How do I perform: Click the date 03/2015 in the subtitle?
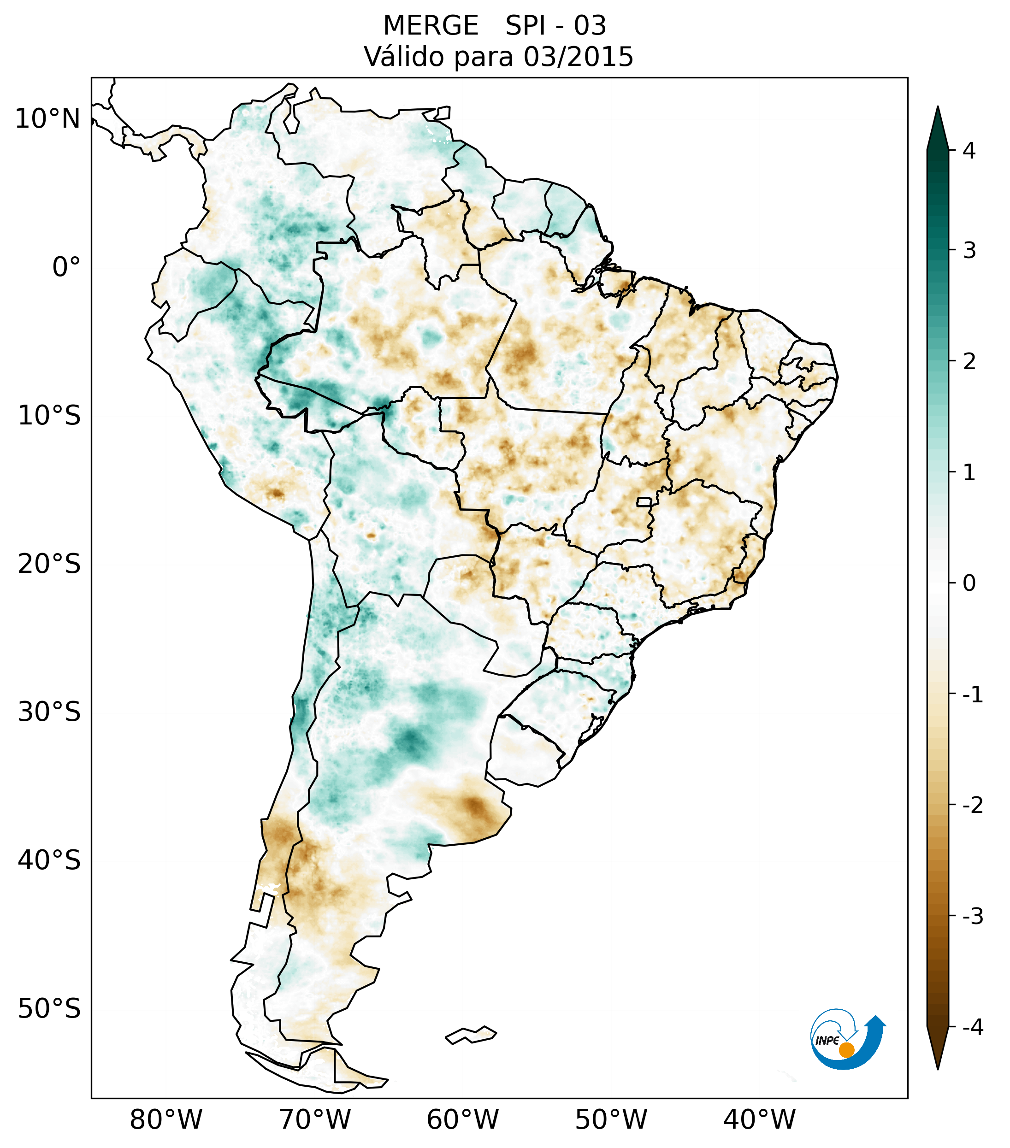pos(578,57)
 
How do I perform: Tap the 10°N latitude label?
pos(48,119)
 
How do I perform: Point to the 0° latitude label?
pos(66,267)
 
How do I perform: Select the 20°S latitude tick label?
pos(49,564)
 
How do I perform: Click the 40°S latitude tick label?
pos(49,860)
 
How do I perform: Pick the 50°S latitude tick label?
pos(49,1009)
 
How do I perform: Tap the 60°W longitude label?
pos(462,1120)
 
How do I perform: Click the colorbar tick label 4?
pos(969,151)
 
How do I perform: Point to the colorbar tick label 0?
pos(969,583)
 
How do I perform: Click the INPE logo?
pos(847,1039)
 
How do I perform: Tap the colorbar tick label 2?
pos(969,362)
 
